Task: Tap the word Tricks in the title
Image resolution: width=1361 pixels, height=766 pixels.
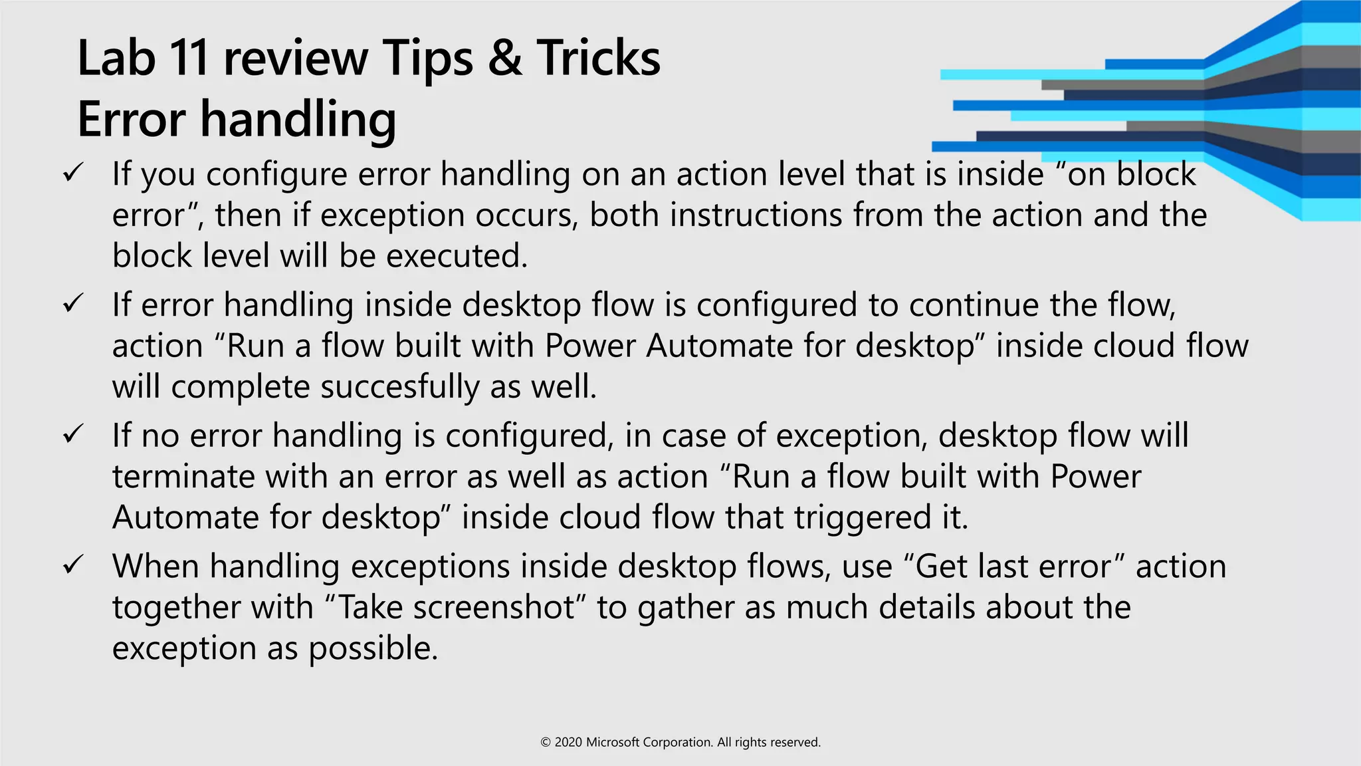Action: [598, 59]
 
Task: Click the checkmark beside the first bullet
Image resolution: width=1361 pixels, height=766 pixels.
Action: [72, 174]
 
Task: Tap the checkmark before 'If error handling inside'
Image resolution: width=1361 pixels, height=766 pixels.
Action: [72, 305]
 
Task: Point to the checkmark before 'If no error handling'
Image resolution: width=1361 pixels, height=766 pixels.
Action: [72, 436]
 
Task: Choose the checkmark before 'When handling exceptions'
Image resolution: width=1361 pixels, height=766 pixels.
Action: [72, 566]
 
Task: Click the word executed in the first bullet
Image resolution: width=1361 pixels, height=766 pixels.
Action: [457, 256]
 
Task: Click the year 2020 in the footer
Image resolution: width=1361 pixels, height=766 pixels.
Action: [568, 742]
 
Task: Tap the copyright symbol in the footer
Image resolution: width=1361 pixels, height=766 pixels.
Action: [546, 742]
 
